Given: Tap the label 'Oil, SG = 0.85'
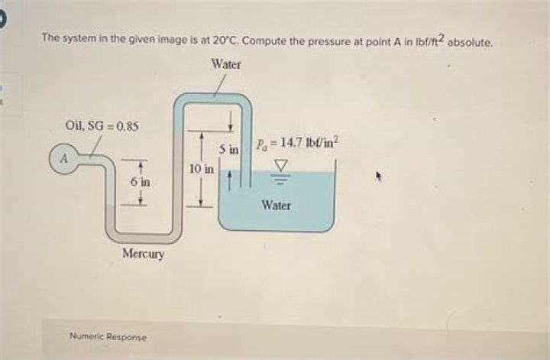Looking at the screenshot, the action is (x=102, y=125).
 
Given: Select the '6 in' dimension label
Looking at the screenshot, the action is (x=140, y=182).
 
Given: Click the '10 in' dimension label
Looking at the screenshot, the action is (x=202, y=169).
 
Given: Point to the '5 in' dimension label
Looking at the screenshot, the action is (x=229, y=150).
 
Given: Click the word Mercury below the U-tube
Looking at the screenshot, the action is (x=143, y=253).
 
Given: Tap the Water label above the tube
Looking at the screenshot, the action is (x=226, y=64).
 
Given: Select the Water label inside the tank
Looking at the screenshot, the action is (x=277, y=206).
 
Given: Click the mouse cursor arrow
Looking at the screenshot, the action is (x=378, y=176).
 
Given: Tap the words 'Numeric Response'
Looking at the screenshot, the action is (x=108, y=337).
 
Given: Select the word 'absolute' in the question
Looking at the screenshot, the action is (x=471, y=43).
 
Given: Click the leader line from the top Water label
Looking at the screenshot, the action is (x=220, y=86).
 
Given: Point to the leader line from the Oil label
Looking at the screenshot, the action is (x=95, y=147).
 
